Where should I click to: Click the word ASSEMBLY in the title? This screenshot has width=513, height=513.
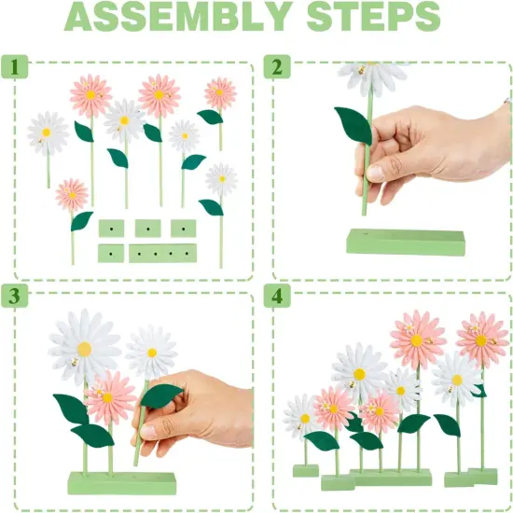point(177,17)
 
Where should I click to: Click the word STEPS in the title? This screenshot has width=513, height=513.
point(373,17)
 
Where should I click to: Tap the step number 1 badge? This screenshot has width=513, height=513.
point(14,67)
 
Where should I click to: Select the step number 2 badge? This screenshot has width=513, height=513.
point(277,67)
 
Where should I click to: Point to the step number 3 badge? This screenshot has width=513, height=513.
point(14,296)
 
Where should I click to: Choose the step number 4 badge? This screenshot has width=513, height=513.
point(277,296)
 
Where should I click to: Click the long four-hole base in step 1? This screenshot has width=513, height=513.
point(162,253)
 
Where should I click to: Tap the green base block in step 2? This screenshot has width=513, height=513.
point(406,243)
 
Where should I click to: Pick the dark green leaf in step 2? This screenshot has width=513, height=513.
point(354,125)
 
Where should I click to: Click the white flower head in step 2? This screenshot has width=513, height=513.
point(373,77)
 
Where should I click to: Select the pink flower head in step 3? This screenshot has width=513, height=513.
point(109,398)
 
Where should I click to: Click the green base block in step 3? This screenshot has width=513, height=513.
point(121,483)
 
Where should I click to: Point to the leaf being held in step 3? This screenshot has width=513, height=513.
point(161,395)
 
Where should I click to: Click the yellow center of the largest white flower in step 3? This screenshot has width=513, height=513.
point(84,349)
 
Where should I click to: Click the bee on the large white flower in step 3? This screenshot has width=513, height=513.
point(75,362)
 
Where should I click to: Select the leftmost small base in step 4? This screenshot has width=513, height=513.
point(306,470)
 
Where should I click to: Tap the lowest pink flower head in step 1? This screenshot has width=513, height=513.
point(72,195)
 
